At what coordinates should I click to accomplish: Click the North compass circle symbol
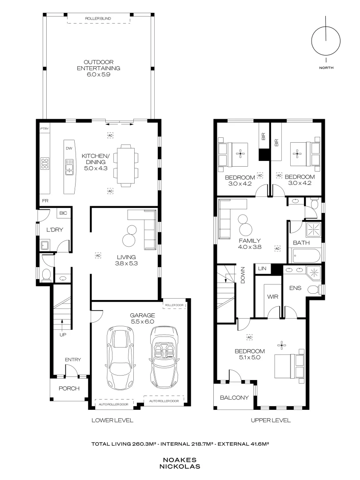coord(326,40)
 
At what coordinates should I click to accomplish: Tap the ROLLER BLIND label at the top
coord(99,19)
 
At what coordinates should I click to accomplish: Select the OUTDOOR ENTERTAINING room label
coord(99,68)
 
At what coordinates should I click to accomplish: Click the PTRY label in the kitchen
coord(44,129)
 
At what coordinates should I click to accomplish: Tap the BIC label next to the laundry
coord(63,213)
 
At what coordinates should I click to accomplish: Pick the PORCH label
coord(69,388)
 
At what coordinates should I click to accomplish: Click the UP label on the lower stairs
coord(63,335)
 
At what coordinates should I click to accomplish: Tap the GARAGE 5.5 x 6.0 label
coord(142,318)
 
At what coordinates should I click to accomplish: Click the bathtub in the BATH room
coord(306,257)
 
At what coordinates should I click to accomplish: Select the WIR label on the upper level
coord(272,296)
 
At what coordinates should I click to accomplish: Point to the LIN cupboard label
coord(262,269)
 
